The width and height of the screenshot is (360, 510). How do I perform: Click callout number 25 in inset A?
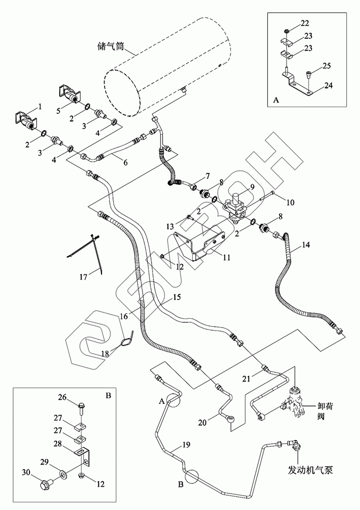[327, 67]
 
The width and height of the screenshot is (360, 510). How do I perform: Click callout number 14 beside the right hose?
[305, 245]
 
